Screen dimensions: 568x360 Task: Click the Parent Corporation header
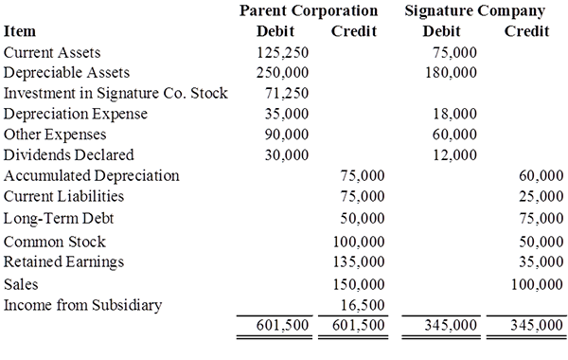point(309,10)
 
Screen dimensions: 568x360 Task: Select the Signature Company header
point(475,11)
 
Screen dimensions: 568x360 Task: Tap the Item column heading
point(20,31)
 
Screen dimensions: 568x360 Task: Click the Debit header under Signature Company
point(441,31)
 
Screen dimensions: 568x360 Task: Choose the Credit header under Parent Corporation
point(354,31)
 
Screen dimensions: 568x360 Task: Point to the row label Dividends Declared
point(69,155)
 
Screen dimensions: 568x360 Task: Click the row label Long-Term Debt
point(59,219)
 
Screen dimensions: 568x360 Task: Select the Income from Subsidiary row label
point(82,305)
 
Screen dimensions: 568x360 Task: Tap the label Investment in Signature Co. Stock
point(115,93)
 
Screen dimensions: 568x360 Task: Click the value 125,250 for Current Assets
point(282,52)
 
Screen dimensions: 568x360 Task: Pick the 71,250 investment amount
point(287,94)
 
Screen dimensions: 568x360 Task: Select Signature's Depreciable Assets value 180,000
point(451,73)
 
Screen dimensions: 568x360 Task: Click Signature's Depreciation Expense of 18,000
point(455,114)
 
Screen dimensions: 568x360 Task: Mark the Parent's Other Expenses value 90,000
point(287,135)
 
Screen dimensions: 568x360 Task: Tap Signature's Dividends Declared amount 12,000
point(455,155)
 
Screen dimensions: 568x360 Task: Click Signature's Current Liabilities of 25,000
point(541,196)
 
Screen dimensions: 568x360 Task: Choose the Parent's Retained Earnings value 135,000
point(359,261)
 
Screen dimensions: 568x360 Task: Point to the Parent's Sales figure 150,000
point(359,284)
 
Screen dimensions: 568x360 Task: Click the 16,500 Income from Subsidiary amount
point(363,305)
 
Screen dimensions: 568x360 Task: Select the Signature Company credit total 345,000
point(537,325)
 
